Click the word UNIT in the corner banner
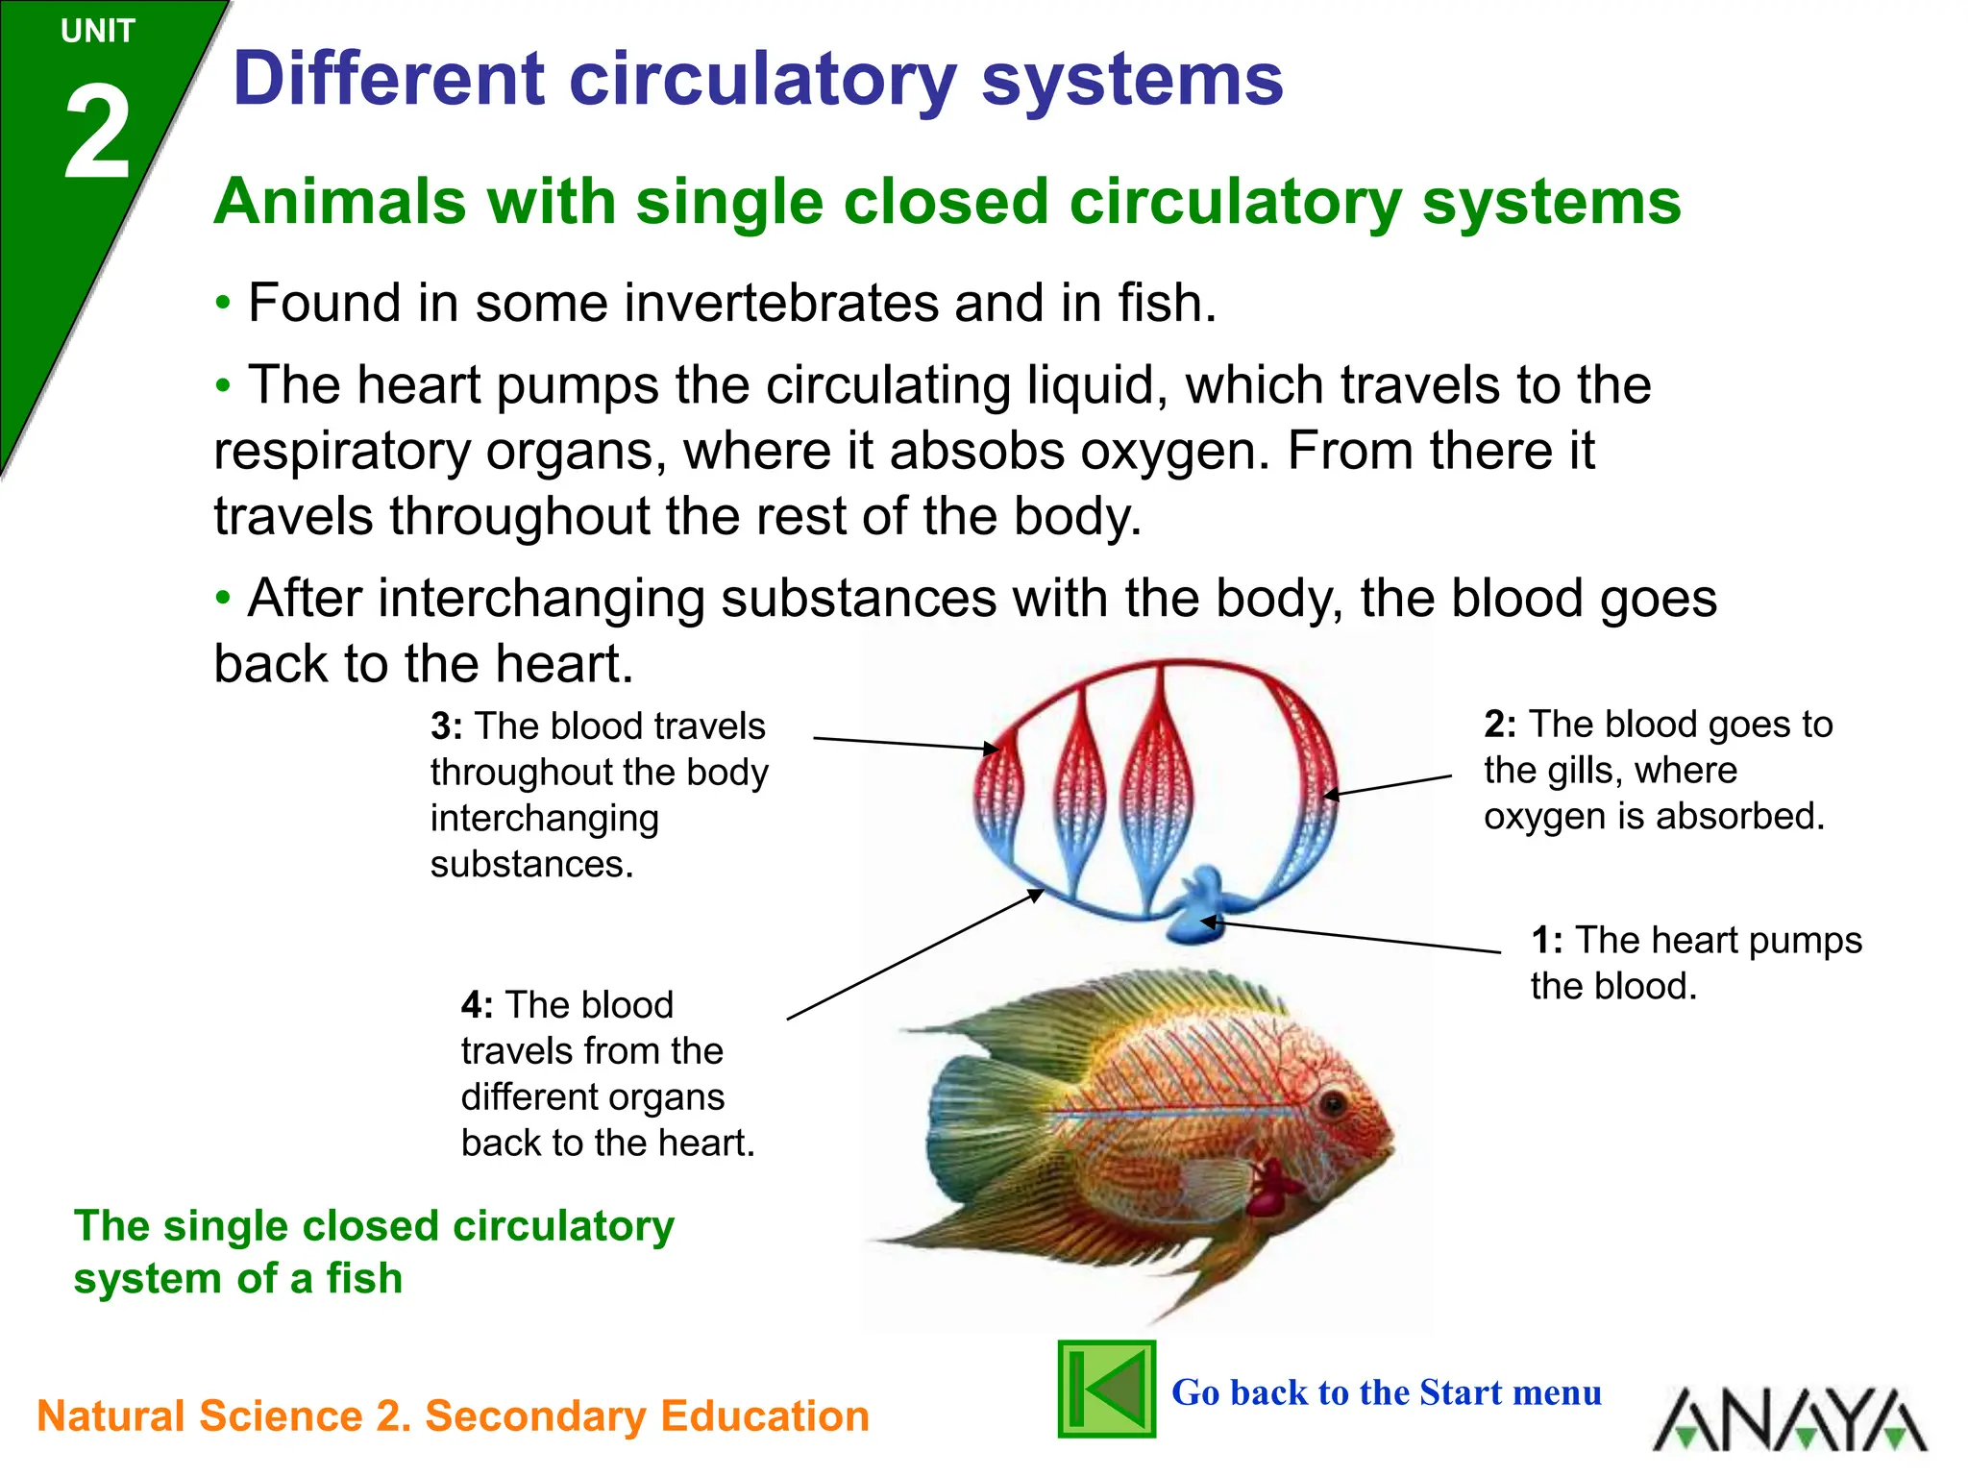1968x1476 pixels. click(x=97, y=32)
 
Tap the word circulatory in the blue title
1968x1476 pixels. click(x=763, y=81)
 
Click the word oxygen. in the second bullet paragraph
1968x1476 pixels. click(x=1176, y=451)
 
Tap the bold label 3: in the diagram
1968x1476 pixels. click(x=446, y=726)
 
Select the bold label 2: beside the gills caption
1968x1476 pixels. click(x=1499, y=725)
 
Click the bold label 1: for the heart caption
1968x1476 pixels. click(x=1546, y=941)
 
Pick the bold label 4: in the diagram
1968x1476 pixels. click(x=477, y=1005)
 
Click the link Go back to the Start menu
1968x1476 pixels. click(x=1386, y=1392)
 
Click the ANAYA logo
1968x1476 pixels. click(x=1789, y=1418)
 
